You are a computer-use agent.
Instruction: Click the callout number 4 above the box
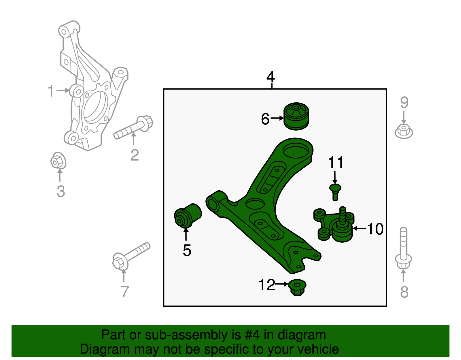point(271,77)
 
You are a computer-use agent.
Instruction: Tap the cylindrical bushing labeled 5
point(188,216)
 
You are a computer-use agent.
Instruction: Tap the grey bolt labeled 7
point(131,255)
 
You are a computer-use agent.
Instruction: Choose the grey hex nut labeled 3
point(58,161)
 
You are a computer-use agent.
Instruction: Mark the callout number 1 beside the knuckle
point(51,91)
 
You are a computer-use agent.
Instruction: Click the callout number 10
point(375,229)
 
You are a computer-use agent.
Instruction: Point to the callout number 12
point(267,285)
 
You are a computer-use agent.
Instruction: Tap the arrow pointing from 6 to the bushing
point(277,118)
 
